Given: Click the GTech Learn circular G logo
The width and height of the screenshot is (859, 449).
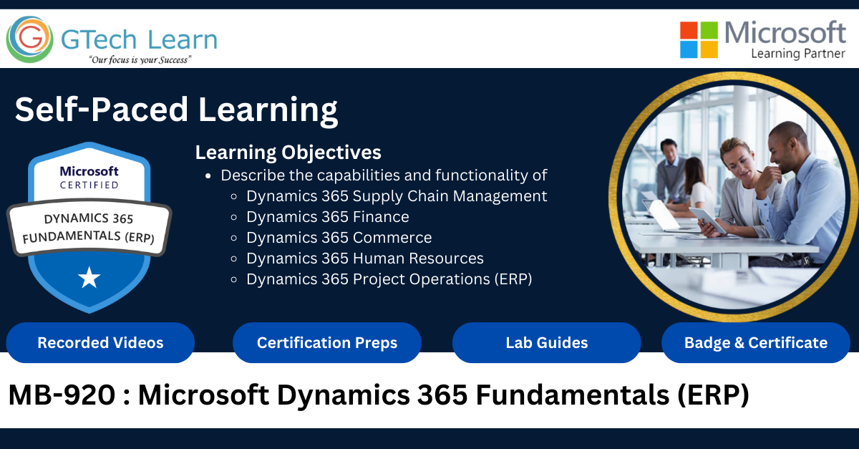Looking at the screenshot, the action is (30, 39).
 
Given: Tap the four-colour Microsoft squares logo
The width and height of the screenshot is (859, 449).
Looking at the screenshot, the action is (699, 40).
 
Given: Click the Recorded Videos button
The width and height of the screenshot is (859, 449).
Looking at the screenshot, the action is (100, 343).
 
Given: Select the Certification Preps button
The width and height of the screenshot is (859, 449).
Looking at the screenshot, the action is (327, 343).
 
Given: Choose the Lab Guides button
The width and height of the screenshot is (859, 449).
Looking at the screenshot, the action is (546, 343).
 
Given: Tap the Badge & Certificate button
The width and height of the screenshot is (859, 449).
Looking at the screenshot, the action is (756, 343).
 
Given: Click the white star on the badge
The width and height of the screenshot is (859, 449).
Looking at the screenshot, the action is (89, 277).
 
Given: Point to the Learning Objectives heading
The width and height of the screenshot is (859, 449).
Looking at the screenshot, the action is (288, 153).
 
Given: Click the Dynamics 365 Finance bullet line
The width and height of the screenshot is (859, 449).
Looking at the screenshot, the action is (328, 217).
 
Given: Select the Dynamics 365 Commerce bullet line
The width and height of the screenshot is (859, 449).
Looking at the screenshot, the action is (339, 238).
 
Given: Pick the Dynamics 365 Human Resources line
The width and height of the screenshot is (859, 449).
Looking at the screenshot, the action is (364, 259).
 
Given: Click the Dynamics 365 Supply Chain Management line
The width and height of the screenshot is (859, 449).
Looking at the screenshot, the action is (397, 196).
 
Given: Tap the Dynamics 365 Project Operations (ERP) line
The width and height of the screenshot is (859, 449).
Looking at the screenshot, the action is (389, 279).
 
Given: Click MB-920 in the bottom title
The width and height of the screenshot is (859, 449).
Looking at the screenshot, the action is (62, 395).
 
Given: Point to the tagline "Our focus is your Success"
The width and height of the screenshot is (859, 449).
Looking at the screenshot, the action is (140, 60).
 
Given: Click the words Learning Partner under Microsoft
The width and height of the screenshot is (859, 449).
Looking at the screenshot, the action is (798, 54).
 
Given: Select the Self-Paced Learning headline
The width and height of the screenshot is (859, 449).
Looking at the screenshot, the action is (176, 110).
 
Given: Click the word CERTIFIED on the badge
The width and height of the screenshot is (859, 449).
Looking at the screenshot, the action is (89, 185).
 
